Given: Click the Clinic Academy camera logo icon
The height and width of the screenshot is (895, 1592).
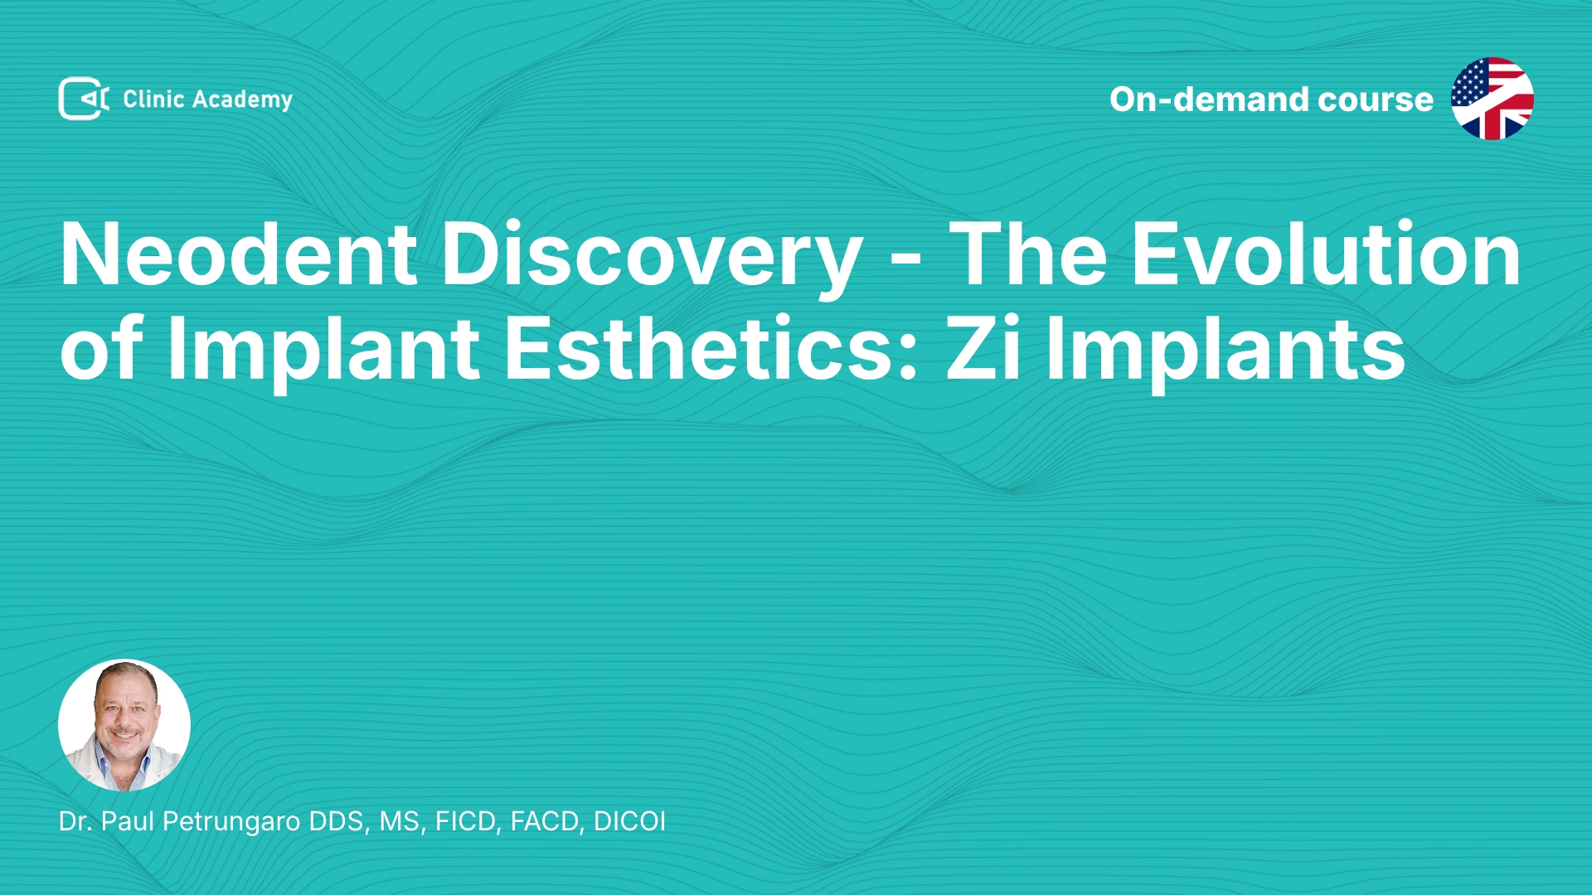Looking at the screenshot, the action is coord(84,99).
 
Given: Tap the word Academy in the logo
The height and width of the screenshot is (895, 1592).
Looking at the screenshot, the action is coord(242,100).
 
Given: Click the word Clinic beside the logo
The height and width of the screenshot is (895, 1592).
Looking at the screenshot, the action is coord(153,99).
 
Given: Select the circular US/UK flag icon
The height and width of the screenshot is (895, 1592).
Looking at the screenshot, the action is coord(1492,99).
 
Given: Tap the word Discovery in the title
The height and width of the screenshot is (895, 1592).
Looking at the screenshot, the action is coord(652,257).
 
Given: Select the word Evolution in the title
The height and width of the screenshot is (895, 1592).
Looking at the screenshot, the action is coord(1327,254).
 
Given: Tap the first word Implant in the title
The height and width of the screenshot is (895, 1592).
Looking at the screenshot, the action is coord(324,351).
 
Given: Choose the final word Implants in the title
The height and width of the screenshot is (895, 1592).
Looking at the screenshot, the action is coord(1226,351).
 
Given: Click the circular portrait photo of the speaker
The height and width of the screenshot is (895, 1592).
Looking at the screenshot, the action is coord(124,725).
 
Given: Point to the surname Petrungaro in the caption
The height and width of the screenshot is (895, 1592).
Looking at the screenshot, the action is coord(231,822).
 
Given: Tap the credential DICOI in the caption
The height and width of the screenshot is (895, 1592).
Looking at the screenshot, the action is coord(629,821).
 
